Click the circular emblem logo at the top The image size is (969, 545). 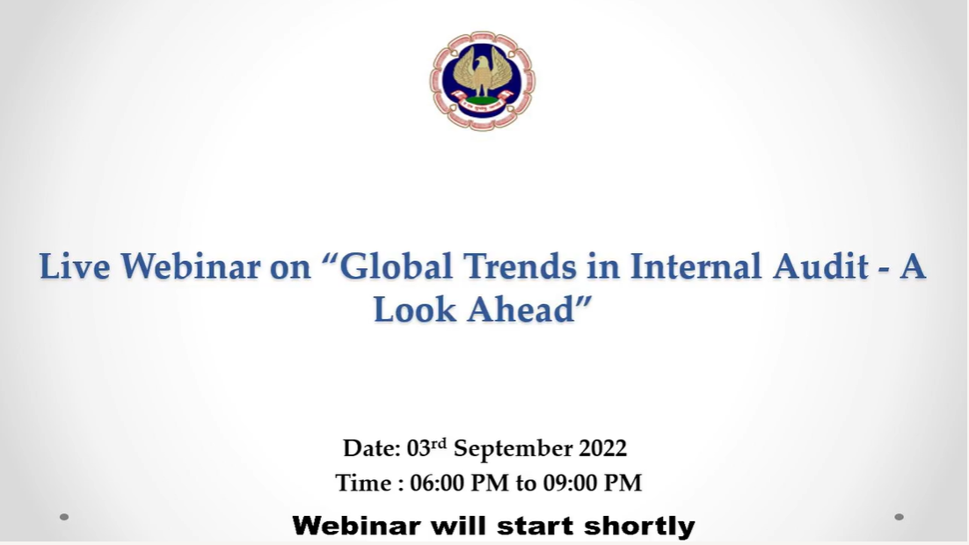coord(483,80)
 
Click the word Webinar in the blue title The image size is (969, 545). coord(190,266)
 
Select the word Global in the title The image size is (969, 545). coord(396,266)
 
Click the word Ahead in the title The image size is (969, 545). coord(521,309)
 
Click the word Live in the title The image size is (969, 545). coord(75,266)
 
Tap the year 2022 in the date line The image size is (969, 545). coord(602,448)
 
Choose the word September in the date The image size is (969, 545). coord(513,449)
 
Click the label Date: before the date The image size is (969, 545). coord(372,448)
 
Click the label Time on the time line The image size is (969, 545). coord(363,483)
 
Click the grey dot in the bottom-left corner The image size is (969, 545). coord(63,517)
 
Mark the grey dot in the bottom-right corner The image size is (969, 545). coord(900,517)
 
